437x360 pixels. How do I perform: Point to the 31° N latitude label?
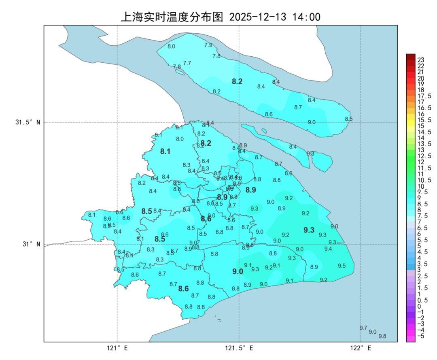pyautogui.click(x=31, y=244)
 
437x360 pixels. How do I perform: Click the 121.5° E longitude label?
pyautogui.click(x=239, y=348)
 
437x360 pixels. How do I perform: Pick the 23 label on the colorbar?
pyautogui.click(x=421, y=60)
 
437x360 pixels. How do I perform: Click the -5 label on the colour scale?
pyautogui.click(x=421, y=336)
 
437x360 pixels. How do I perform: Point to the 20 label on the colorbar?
pyautogui.click(x=421, y=78)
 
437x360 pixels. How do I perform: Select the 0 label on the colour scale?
pyautogui.click(x=419, y=306)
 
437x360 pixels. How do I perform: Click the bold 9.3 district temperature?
pyautogui.click(x=309, y=230)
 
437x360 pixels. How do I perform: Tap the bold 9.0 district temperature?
pyautogui.click(x=238, y=272)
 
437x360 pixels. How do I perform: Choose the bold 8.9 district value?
pyautogui.click(x=251, y=190)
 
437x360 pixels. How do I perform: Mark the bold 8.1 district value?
pyautogui.click(x=165, y=152)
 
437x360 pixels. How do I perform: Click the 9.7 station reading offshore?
pyautogui.click(x=363, y=328)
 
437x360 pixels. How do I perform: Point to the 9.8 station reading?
pyautogui.click(x=382, y=336)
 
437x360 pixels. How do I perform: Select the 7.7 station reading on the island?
pyautogui.click(x=187, y=63)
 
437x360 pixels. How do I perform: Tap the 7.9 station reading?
pyautogui.click(x=208, y=45)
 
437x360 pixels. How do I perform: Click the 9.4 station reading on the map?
pyautogui.click(x=328, y=249)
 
